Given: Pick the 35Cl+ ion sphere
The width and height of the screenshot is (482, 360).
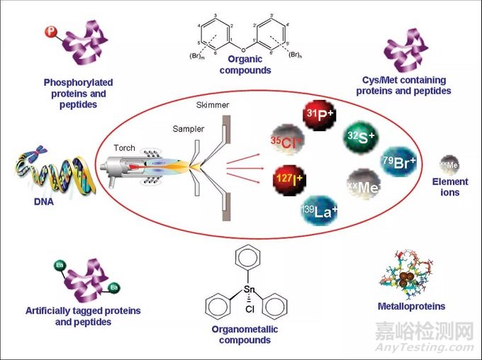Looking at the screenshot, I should click(x=288, y=142).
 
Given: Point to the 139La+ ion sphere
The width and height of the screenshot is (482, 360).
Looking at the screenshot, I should click(x=319, y=209).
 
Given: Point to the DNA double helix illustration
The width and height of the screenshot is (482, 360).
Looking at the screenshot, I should click(x=47, y=176).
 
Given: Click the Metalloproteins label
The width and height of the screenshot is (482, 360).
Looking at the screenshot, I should click(x=412, y=306).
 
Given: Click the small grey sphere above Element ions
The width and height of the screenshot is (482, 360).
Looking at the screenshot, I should click(x=449, y=165).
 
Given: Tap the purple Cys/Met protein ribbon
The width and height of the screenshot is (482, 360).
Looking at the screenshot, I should click(x=405, y=51).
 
